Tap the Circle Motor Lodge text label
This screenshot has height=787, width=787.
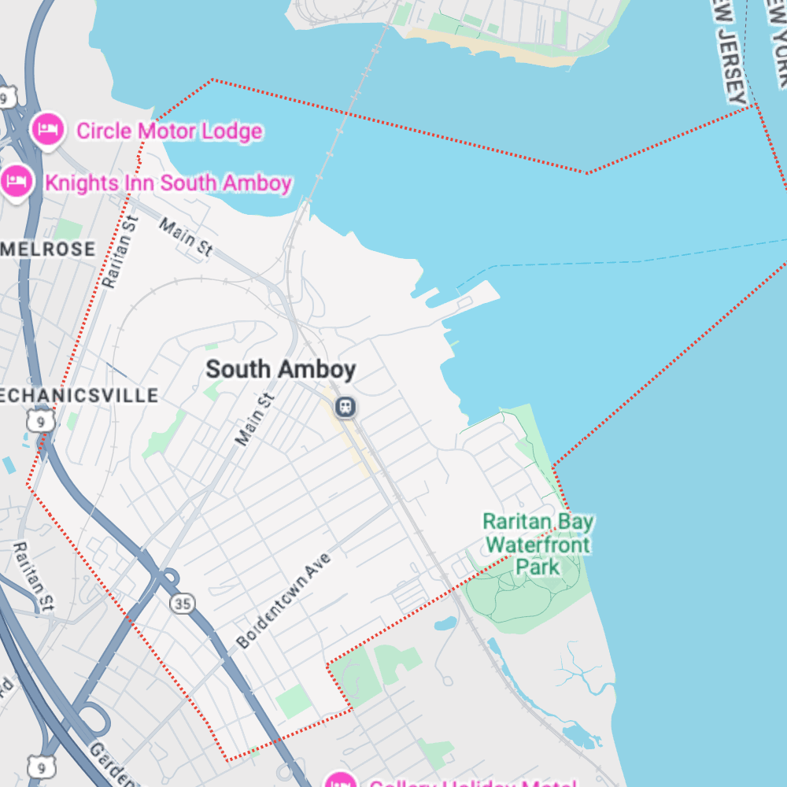point(168,131)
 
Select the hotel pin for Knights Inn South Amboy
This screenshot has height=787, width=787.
point(16,182)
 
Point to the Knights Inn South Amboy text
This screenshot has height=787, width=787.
point(168,183)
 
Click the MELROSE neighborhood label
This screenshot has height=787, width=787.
point(49,249)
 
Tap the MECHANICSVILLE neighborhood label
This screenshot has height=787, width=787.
point(79,395)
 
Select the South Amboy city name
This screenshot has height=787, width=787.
point(280,369)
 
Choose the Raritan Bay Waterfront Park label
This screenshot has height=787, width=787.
point(538,544)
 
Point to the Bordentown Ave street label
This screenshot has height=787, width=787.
point(284,600)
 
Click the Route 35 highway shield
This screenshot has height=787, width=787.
point(183,604)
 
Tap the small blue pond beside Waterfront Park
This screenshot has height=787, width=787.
point(445,624)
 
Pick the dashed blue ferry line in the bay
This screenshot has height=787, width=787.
point(630,260)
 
